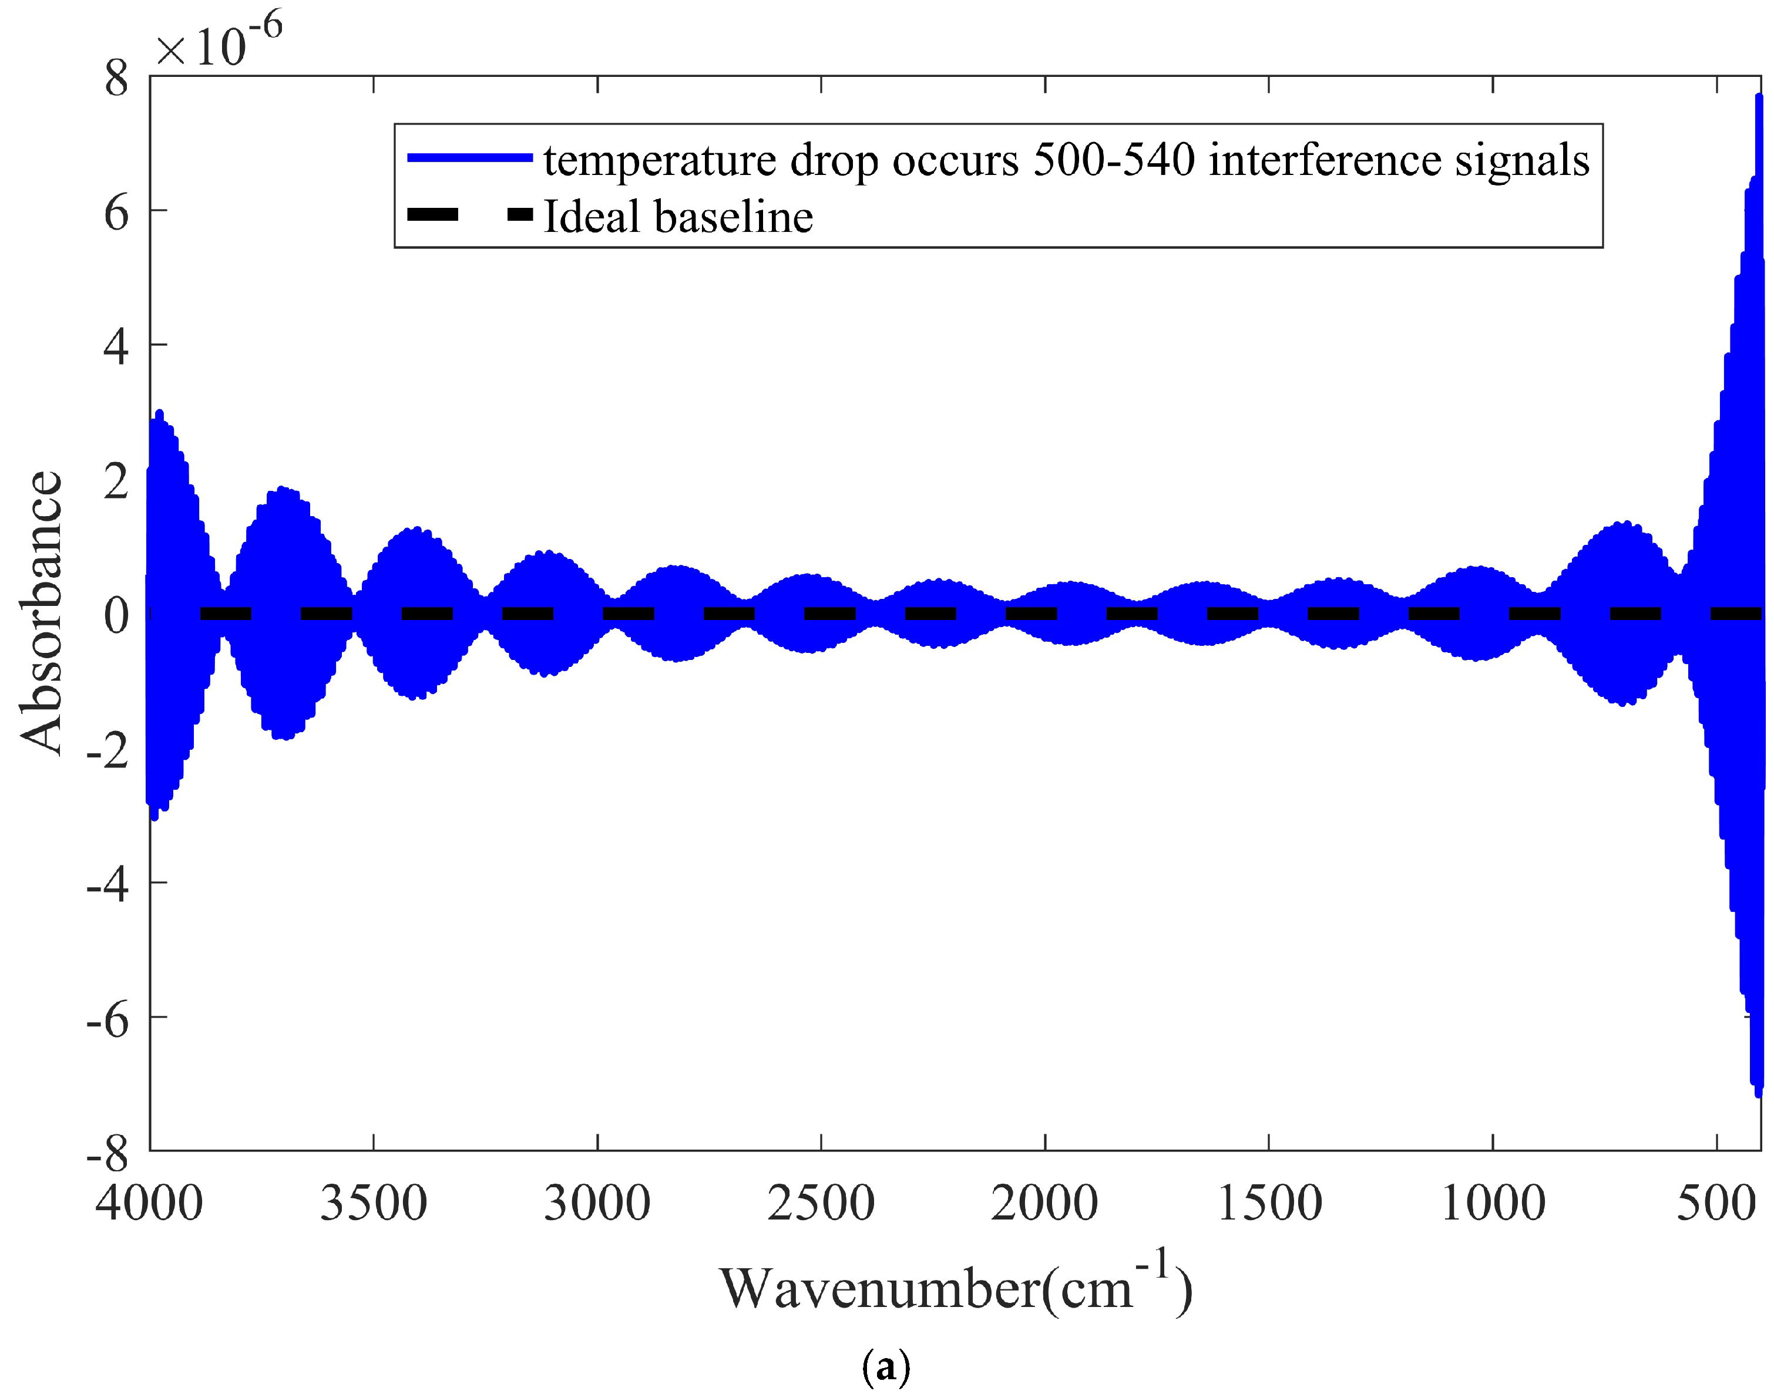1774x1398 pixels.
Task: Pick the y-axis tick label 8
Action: pyautogui.click(x=116, y=79)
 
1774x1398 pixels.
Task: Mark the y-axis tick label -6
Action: pyautogui.click(x=107, y=1019)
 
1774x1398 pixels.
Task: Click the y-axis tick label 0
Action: pyautogui.click(x=116, y=615)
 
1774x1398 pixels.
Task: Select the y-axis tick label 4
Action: pyautogui.click(x=116, y=347)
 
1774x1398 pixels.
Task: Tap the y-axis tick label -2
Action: pyautogui.click(x=107, y=750)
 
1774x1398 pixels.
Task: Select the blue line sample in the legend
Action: pyautogui.click(x=470, y=158)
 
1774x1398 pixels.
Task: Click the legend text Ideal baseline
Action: pyautogui.click(x=678, y=217)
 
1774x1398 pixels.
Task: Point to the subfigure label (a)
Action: pyautogui.click(x=886, y=1366)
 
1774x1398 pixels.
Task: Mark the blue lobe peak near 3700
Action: pyautogui.click(x=283, y=490)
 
